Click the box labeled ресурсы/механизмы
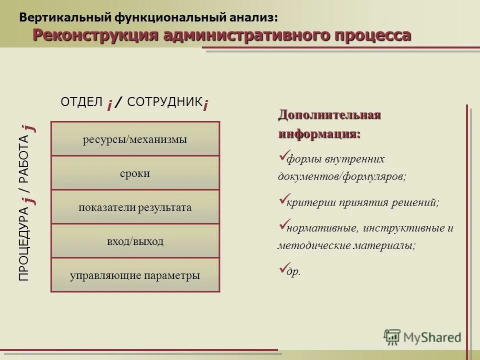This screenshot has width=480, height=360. [135, 139]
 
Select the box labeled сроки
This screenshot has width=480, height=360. [135, 173]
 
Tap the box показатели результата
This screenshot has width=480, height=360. [135, 207]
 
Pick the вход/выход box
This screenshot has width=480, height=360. [135, 241]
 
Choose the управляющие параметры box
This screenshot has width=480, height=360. [135, 275]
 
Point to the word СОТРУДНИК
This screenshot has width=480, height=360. [164, 102]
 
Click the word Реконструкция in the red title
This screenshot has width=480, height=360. [95, 35]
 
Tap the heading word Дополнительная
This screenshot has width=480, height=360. [329, 115]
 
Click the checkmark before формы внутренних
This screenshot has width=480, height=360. [282, 157]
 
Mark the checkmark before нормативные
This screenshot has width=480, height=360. [282, 226]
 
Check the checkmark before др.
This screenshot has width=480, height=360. [282, 269]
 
